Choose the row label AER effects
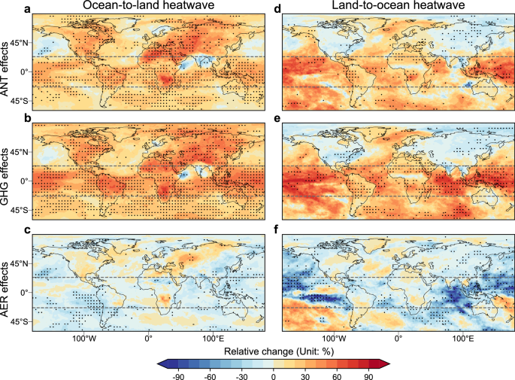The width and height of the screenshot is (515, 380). [7, 286]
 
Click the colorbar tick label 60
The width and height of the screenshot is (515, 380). [335, 375]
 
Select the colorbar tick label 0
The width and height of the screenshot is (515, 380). [274, 375]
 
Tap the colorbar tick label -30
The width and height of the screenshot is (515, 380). [242, 375]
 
